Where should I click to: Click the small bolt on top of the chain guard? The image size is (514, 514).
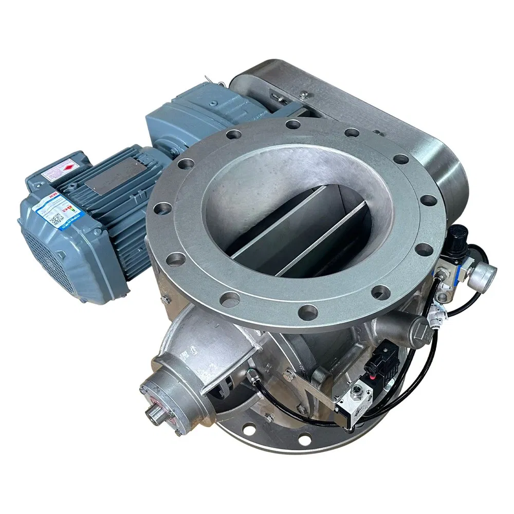(x=305, y=94)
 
